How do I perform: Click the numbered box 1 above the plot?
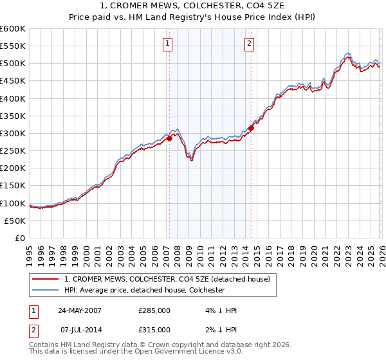pyautogui.click(x=167, y=44)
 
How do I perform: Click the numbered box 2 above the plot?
pyautogui.click(x=249, y=44)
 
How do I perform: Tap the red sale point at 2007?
pyautogui.click(x=169, y=138)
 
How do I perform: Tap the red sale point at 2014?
pyautogui.click(x=251, y=128)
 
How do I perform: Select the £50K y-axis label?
pyautogui.click(x=15, y=221)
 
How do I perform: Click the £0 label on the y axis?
pyautogui.click(x=19, y=238)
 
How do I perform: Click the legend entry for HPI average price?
pyautogui.click(x=144, y=290)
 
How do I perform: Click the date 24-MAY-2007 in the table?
pyautogui.click(x=80, y=310)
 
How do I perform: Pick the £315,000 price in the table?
pyautogui.click(x=154, y=330)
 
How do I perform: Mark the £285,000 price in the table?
pyautogui.click(x=154, y=310)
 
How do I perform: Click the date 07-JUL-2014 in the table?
pyautogui.click(x=80, y=330)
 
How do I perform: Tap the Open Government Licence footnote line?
pyautogui.click(x=136, y=352)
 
